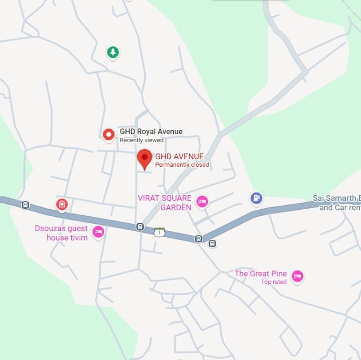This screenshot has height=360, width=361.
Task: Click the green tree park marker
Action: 113,52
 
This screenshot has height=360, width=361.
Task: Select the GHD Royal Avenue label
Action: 151,132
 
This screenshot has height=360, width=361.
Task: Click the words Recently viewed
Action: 142,140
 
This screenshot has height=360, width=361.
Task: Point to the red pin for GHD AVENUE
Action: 144,159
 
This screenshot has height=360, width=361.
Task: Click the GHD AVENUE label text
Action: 179,157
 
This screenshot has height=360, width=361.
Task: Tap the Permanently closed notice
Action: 182,165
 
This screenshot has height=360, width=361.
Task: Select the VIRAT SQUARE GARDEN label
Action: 165,203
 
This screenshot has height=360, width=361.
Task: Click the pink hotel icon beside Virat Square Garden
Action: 202,202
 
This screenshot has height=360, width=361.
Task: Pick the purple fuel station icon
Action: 256,198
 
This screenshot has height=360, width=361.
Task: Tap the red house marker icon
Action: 62,204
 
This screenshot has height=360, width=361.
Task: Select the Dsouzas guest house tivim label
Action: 62,233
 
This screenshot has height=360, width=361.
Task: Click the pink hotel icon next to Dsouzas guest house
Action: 98,231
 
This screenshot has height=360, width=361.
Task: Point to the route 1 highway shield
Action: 159,232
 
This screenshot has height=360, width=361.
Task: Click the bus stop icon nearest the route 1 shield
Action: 140,227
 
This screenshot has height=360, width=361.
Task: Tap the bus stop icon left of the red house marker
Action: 26,205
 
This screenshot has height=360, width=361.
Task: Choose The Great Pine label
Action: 260,274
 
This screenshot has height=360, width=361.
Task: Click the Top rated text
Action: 273,282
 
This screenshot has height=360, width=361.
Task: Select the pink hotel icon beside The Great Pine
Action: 297,277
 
